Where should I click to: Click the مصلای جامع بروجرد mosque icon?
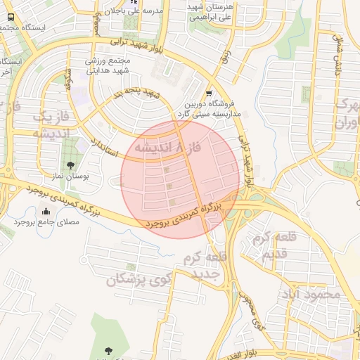[46, 212]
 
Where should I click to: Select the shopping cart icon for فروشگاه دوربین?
[209, 94]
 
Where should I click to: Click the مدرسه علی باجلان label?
[143, 11]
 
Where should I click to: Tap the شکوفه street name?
[69, 79]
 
